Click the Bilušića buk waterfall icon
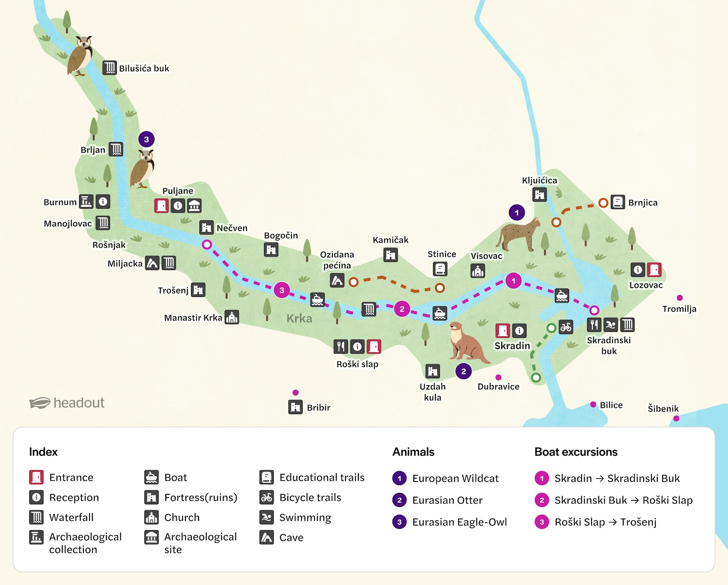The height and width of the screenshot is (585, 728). [x=109, y=68]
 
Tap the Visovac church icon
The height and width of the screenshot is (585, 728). [x=478, y=271]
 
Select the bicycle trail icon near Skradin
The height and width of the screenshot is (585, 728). [x=566, y=327]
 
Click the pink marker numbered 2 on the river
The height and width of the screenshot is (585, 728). [x=402, y=309]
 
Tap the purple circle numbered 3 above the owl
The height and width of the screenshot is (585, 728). [x=146, y=139]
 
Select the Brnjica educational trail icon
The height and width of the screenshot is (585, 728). [x=618, y=202]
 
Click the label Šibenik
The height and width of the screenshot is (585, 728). [x=663, y=408]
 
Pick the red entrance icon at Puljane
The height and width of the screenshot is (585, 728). [x=161, y=205]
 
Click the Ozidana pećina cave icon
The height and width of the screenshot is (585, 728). [x=337, y=280]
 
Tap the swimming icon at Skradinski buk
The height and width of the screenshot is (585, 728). [x=611, y=325]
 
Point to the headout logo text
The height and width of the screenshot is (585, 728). [x=79, y=402]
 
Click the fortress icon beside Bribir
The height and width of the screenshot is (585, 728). [x=295, y=407]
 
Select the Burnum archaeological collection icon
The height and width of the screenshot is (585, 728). [x=86, y=201]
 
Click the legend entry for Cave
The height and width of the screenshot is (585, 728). [x=291, y=537]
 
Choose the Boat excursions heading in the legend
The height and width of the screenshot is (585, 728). [x=575, y=452]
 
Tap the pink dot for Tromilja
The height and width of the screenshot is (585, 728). [x=679, y=298]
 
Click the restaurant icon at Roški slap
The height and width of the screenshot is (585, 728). [x=341, y=346]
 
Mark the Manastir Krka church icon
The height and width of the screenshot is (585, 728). [x=232, y=317]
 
